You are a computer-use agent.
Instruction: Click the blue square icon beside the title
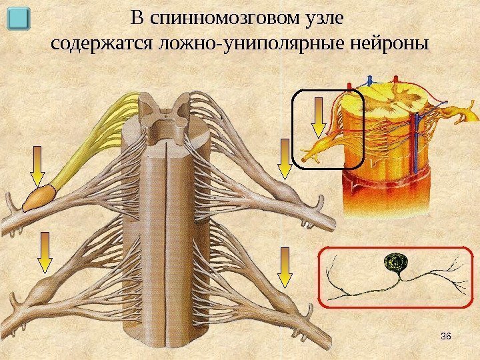pos(23,19)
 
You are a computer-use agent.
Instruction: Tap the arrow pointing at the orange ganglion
pos(38,167)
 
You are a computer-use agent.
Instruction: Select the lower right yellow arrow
pos(285,267)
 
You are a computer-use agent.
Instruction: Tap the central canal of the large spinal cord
pos(163,120)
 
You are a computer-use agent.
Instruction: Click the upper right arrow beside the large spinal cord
pos(285,160)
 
